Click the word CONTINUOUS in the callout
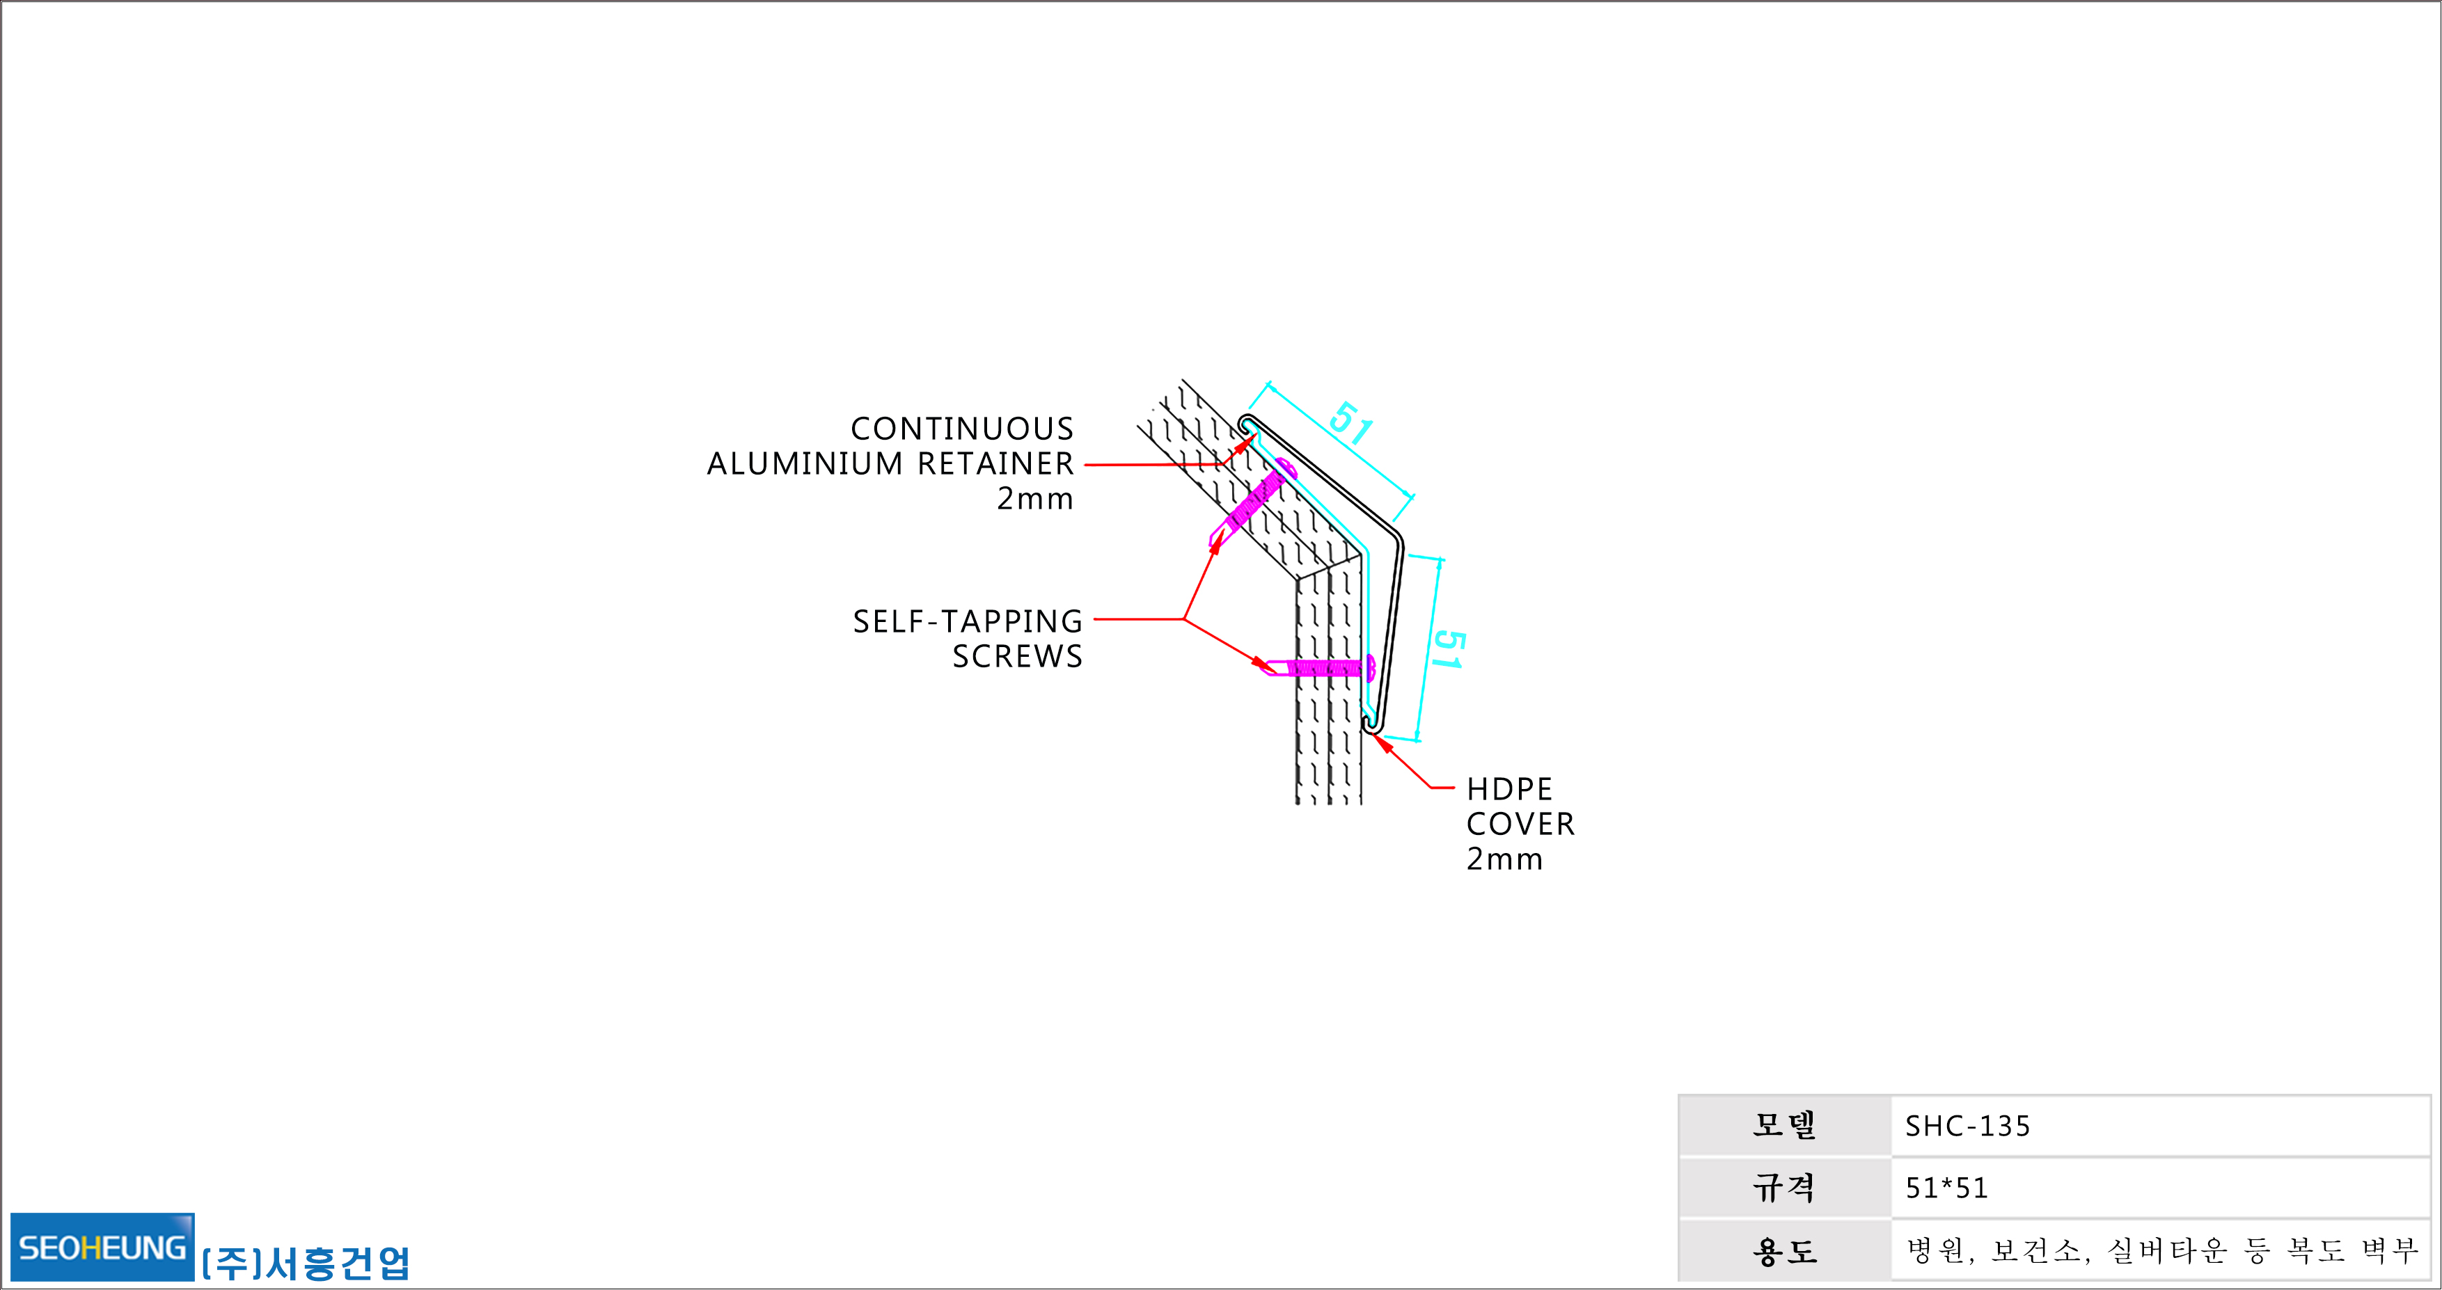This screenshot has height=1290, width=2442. click(x=962, y=429)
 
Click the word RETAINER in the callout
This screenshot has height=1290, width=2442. click(x=995, y=463)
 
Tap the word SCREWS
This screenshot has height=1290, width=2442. click(x=1017, y=656)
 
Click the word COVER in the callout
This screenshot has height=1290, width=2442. click(x=1520, y=824)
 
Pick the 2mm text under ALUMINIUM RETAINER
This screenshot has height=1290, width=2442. click(x=1035, y=499)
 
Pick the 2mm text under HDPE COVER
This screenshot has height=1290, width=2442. click(x=1504, y=859)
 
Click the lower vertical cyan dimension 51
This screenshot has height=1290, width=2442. click(x=1447, y=650)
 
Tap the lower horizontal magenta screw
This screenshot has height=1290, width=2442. click(x=1314, y=667)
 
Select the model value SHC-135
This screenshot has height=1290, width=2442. click(x=1968, y=1126)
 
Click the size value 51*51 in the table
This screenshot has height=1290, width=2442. click(x=1947, y=1188)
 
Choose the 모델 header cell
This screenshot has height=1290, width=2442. click(x=1785, y=1126)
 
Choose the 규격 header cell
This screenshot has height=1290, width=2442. click(x=1785, y=1188)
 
